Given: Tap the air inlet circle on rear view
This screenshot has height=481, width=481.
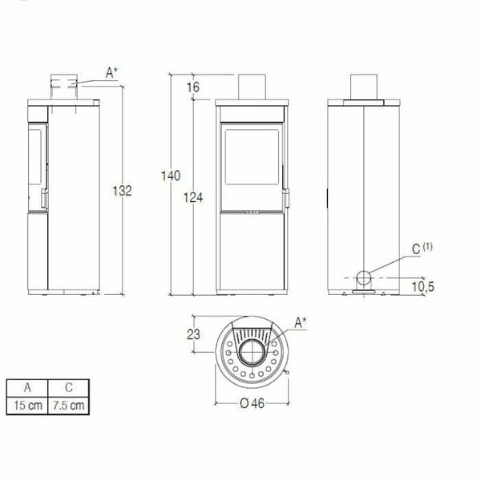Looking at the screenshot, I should click(x=363, y=279).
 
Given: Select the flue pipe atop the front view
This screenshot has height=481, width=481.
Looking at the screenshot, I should click(x=252, y=86).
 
